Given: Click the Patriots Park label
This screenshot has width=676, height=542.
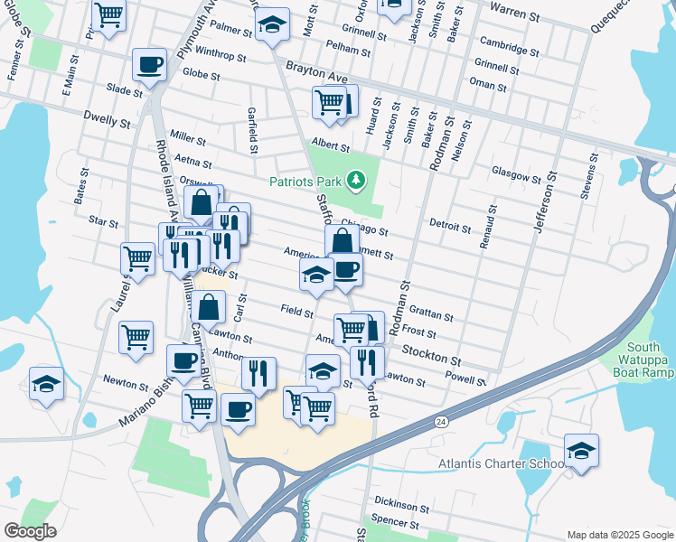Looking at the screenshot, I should coord(305,182).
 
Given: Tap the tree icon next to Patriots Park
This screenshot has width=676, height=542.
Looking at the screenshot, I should coord(357,182).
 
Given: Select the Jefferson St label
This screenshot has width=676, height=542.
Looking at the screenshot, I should coord(545,204).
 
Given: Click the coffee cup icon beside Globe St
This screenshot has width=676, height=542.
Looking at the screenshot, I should coord(149,65).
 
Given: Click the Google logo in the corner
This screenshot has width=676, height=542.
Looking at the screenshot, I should coord(30,531).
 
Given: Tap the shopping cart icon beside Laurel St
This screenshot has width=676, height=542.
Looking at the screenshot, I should coord(136,258).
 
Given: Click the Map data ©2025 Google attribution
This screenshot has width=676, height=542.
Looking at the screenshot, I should coord(619,535).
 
